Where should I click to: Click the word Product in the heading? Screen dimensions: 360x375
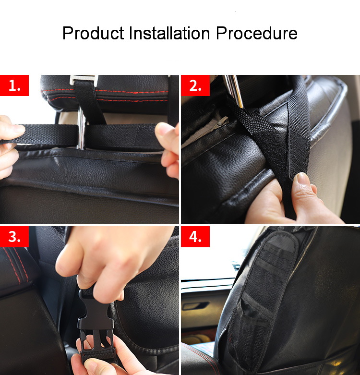(x=93, y=33)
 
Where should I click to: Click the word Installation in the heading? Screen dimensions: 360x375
(x=169, y=33)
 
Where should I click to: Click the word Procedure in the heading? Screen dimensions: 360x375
(x=256, y=33)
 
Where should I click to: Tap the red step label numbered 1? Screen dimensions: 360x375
(x=14, y=85)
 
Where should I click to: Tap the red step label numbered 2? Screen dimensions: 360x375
(x=195, y=85)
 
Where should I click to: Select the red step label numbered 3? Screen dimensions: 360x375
(x=14, y=237)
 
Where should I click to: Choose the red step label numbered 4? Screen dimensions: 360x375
(x=195, y=237)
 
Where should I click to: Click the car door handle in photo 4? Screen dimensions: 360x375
(x=195, y=305)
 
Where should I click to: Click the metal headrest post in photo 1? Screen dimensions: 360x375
(x=81, y=129)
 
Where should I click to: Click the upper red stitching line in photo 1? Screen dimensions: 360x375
(x=105, y=91)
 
